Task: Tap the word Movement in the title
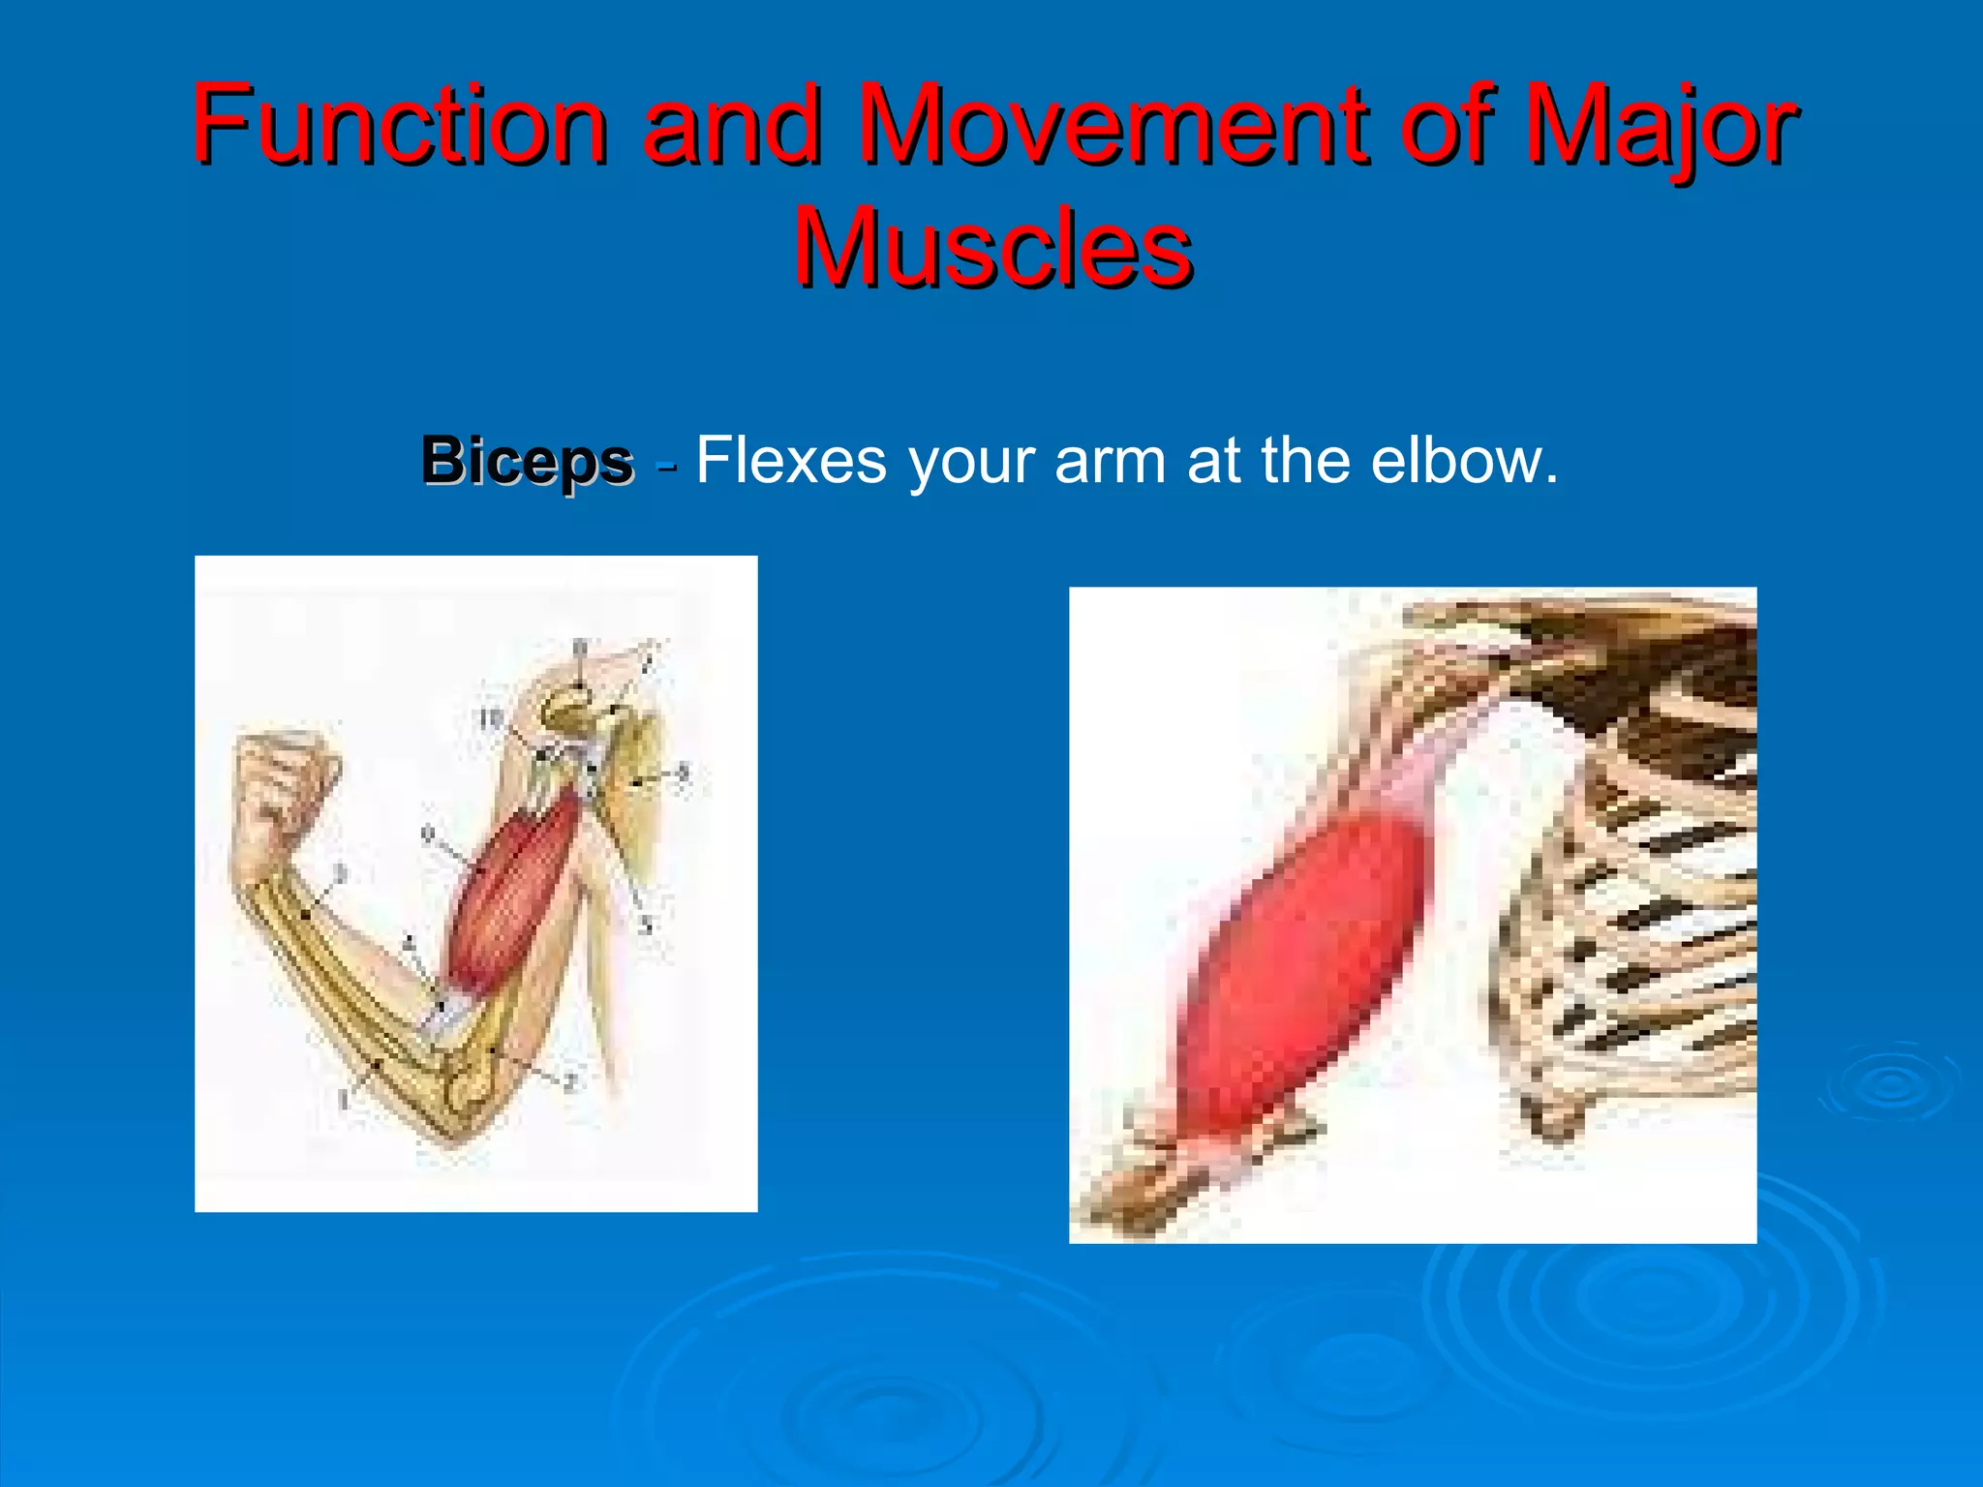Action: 1114,126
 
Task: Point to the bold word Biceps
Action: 527,461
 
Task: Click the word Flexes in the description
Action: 790,461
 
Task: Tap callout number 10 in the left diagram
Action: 491,718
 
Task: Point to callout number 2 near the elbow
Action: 569,1082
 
